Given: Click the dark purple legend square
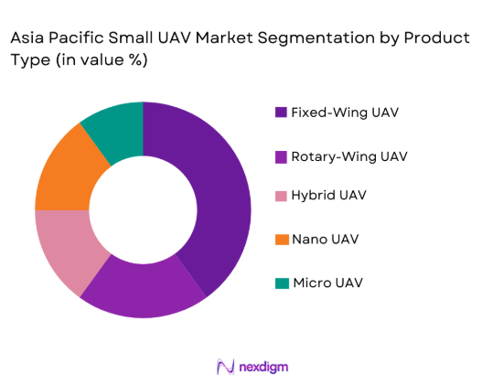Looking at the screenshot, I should tap(280, 112).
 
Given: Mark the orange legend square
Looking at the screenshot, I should tap(280, 240).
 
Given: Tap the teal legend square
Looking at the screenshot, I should tap(280, 283).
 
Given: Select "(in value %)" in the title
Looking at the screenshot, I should tap(100, 59).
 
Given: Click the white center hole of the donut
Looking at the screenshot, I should tap(143, 210).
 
